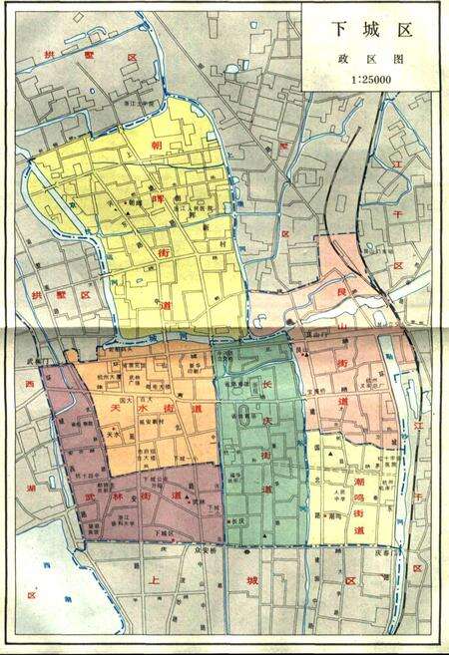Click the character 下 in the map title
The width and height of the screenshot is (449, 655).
pyautogui.click(x=338, y=30)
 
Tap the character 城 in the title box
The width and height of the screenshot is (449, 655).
pyautogui.click(x=370, y=30)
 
